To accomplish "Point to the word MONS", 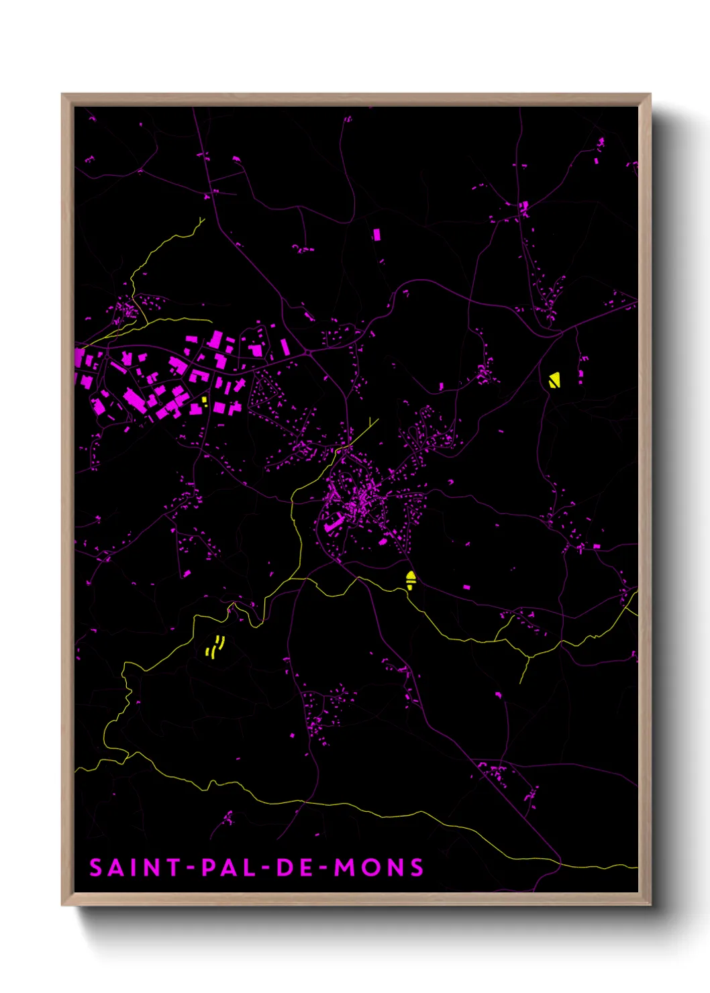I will click(379, 868).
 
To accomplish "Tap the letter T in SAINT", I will click(173, 868).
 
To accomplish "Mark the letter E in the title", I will click(305, 868).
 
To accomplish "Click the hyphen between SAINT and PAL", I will click(191, 868).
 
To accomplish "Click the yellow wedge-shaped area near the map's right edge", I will click(554, 380).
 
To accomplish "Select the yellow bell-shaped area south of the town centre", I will click(411, 580).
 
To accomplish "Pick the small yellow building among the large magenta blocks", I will click(205, 401).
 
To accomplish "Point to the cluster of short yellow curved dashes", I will click(215, 647).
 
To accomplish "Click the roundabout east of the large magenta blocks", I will click(307, 352).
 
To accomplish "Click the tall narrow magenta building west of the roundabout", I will click(285, 347).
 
